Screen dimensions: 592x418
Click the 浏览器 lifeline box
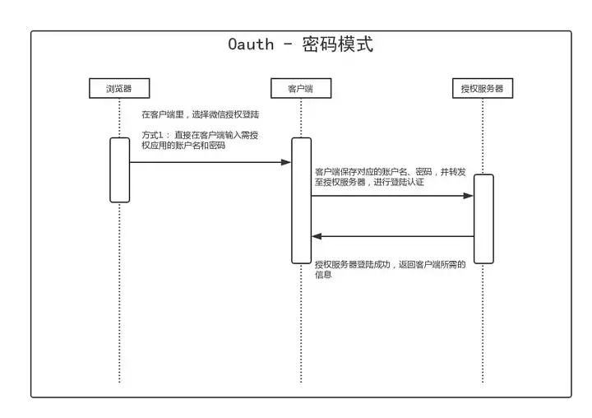119,88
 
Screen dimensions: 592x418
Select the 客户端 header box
301,88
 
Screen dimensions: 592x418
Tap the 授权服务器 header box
483,88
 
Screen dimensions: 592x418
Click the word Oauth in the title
251,44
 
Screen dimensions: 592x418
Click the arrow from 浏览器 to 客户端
210,162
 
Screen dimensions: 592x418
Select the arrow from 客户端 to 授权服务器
391,196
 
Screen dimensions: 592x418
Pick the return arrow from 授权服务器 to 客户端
391,236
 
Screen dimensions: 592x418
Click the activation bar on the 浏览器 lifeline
120,170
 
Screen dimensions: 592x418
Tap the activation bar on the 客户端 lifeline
301,200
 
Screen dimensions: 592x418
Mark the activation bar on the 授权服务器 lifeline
483,218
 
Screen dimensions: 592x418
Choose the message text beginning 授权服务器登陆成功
390,269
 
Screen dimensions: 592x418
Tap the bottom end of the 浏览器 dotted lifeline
119,380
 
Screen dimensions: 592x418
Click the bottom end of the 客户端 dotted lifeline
301,380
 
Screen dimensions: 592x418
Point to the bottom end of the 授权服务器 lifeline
483,380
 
